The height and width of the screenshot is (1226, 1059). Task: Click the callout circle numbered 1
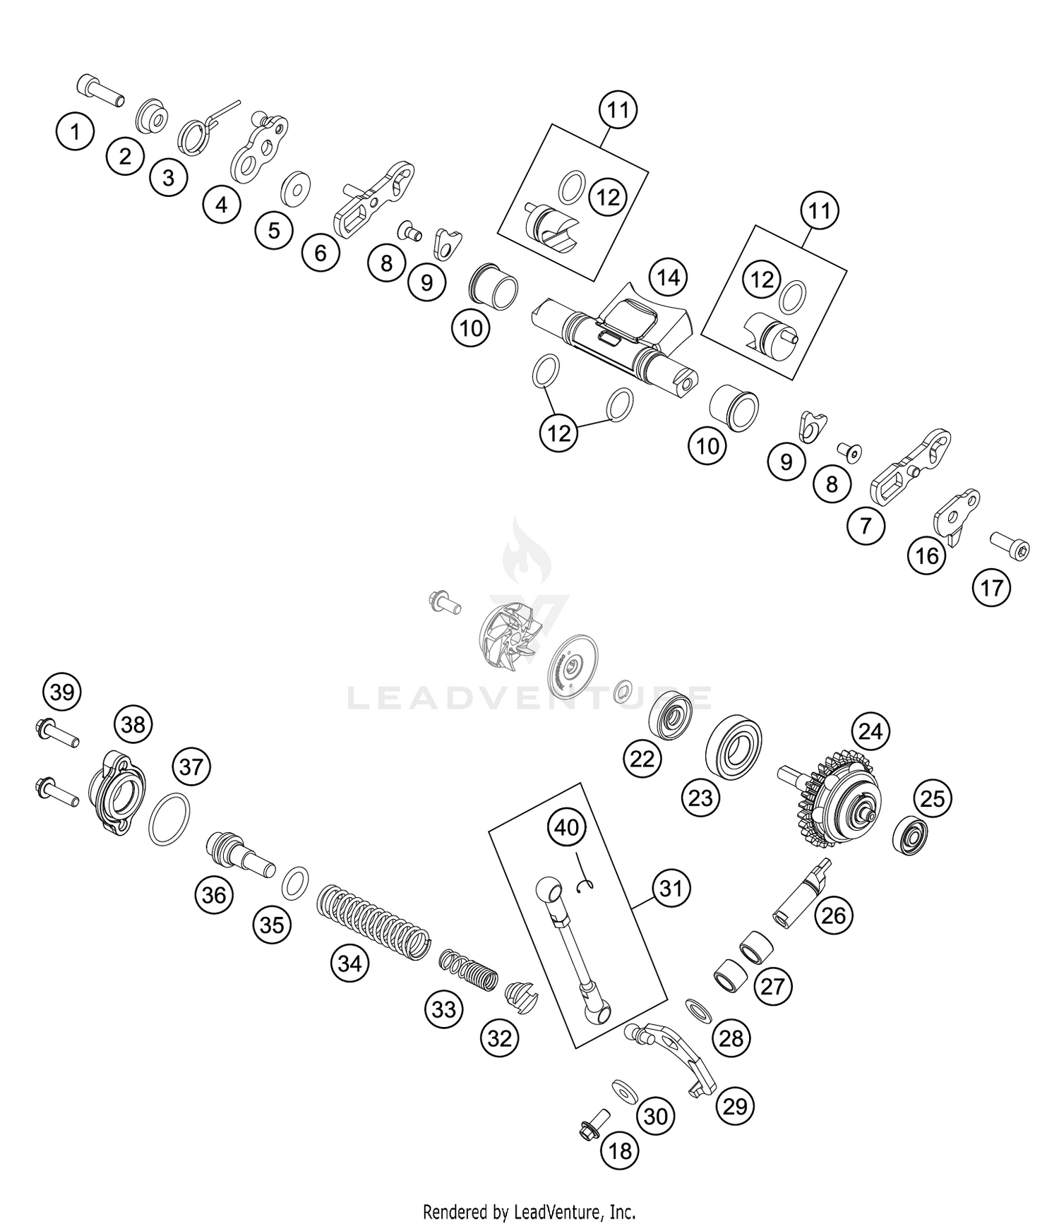tap(75, 131)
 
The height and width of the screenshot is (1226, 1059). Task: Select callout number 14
tap(668, 277)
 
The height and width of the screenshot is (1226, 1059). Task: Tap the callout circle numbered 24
tap(870, 731)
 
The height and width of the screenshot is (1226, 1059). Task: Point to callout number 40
tap(567, 827)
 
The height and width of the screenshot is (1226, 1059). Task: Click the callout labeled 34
tap(350, 963)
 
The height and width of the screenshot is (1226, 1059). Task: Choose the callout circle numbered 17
tap(991, 587)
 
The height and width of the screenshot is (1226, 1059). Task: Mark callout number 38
tap(133, 724)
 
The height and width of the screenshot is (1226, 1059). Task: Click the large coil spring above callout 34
tap(372, 922)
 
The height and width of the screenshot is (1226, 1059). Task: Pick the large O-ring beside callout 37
tap(169, 819)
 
